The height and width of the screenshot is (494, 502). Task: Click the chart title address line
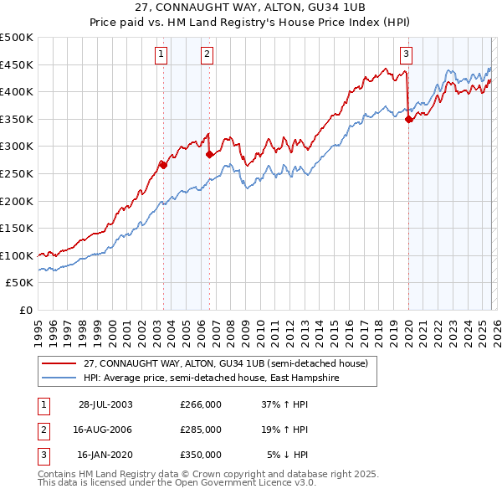coord(250,8)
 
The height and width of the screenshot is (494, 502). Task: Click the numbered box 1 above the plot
coord(161,55)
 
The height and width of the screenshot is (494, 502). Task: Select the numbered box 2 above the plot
coord(207,55)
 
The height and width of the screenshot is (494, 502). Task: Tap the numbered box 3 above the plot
coord(406,55)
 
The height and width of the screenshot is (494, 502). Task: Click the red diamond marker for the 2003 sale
coord(164,165)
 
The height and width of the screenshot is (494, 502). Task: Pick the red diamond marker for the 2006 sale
coord(209,154)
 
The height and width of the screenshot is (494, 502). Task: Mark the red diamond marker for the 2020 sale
coord(408,119)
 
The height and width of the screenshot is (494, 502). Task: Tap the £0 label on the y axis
coord(26,310)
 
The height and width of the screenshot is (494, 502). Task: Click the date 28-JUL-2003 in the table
coord(105,404)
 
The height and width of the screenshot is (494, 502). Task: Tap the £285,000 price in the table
coord(201,430)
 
